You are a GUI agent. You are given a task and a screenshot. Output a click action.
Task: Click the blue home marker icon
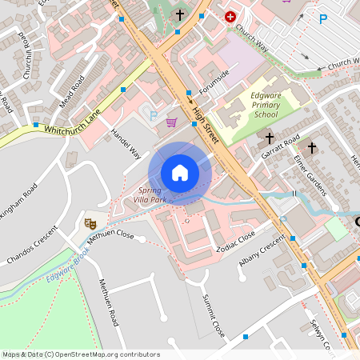pos(180,173)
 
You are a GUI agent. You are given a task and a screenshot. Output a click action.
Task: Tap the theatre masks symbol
pos(90,224)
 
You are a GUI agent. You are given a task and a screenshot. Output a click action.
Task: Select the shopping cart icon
pos(171,122)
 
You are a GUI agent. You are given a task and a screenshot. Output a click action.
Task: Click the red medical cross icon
pos(230,16)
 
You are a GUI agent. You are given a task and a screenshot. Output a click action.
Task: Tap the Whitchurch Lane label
pos(71,122)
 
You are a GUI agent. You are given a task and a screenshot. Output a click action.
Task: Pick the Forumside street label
pos(214,82)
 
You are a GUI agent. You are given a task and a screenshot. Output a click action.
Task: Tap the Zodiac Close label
pos(236,241)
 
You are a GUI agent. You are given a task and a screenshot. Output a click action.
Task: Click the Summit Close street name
pos(214,314)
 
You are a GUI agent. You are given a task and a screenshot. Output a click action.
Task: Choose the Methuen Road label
pos(108,303)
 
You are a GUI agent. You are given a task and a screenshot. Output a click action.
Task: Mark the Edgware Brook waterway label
pos(68,269)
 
